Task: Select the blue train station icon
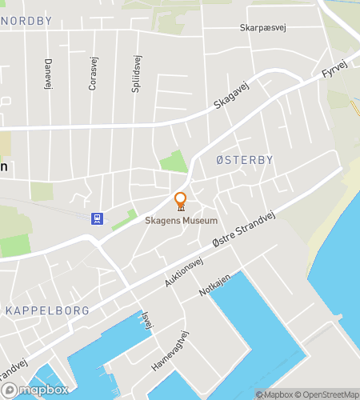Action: (97, 218)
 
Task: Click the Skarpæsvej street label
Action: (262, 28)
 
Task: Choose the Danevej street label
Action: (48, 73)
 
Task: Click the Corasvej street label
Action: (93, 73)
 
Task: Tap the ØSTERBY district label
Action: (245, 160)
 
